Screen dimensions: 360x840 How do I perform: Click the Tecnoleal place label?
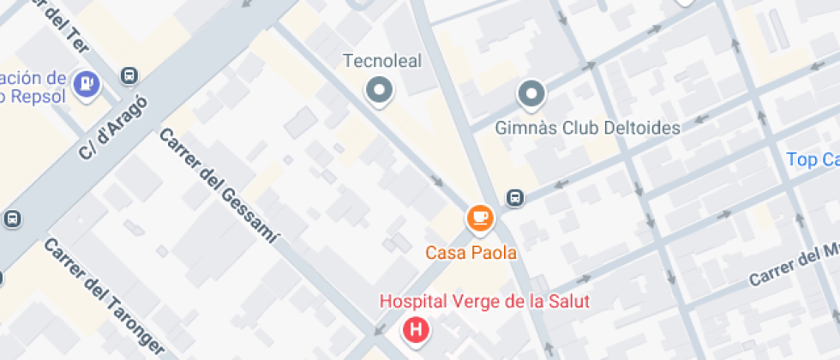(381, 62)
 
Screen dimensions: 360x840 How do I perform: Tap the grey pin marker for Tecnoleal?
(379, 90)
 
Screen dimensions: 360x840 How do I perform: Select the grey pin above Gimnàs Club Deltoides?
(531, 93)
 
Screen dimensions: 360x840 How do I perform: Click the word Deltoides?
(639, 129)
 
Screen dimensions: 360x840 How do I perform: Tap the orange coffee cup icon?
(480, 217)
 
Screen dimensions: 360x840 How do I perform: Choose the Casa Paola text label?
(471, 253)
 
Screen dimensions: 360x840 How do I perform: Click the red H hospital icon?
(417, 329)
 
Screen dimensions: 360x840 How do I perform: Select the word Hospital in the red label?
(409, 302)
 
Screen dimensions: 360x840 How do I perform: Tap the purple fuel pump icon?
(87, 83)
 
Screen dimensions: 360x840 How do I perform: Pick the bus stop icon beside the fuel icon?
(129, 76)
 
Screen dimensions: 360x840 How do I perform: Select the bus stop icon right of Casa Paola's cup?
(515, 198)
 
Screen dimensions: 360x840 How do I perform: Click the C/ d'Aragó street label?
(113, 127)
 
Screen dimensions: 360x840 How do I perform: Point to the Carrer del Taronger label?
(104, 297)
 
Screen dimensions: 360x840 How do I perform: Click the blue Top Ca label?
(812, 159)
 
